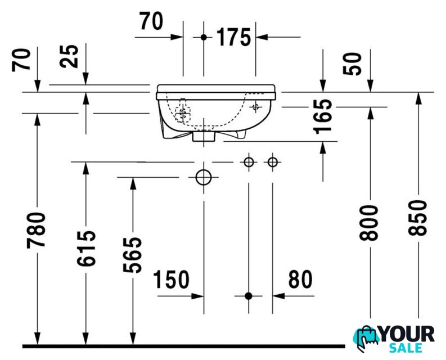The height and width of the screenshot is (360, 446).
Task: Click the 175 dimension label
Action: pyautogui.click(x=234, y=37)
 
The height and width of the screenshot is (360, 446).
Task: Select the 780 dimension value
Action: pyautogui.click(x=36, y=230)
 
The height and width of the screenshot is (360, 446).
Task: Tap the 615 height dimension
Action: pyautogui.click(x=86, y=249)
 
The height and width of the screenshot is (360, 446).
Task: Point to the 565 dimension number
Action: pyautogui.click(x=132, y=255)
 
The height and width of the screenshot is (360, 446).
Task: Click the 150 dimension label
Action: pyautogui.click(x=171, y=280)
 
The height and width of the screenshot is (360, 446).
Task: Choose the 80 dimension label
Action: pyautogui.click(x=300, y=279)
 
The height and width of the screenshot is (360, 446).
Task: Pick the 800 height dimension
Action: pyautogui.click(x=369, y=223)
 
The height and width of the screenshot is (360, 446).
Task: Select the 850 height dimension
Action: pyautogui.click(x=417, y=218)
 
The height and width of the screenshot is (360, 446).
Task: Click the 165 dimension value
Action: pyautogui.click(x=322, y=116)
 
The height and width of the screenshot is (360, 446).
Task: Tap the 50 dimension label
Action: pyautogui.click(x=352, y=64)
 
